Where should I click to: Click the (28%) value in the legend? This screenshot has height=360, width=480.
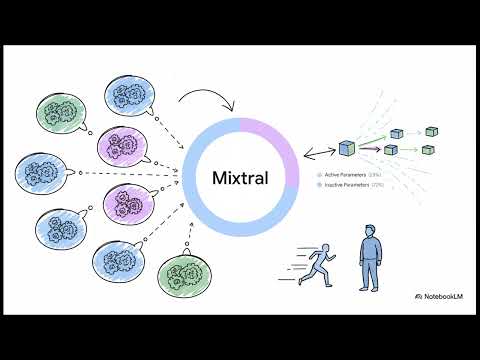375,175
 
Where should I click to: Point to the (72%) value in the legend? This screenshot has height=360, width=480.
377,185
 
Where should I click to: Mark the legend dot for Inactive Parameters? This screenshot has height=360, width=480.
320,185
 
